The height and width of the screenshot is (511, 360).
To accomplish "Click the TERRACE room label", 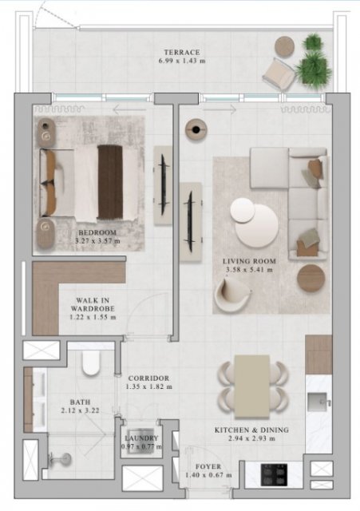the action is pyautogui.click(x=182, y=52).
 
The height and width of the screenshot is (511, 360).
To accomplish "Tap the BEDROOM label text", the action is pyautogui.click(x=97, y=232).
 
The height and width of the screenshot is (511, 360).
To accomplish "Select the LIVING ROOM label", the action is pyautogui.click(x=249, y=261).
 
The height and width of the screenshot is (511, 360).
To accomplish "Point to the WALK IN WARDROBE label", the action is pyautogui.click(x=93, y=304).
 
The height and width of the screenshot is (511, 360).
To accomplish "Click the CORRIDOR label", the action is pyautogui.click(x=148, y=378).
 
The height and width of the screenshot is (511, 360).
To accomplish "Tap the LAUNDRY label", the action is pyautogui.click(x=141, y=438).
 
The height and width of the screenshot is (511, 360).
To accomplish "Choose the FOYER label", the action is pyautogui.click(x=208, y=466).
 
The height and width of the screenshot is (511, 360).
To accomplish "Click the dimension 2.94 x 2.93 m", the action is pyautogui.click(x=251, y=438).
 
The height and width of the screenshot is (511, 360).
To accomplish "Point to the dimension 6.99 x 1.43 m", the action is pyautogui.click(x=182, y=61).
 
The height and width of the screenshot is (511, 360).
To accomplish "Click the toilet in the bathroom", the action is pyautogui.click(x=91, y=362).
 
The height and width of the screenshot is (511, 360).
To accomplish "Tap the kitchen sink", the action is pyautogui.click(x=318, y=402).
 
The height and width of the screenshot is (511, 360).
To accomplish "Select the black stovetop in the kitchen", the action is pyautogui.click(x=274, y=474).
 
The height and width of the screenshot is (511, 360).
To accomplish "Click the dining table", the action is pyautogui.click(x=251, y=386).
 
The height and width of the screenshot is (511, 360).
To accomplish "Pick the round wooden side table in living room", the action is pyautogui.click(x=311, y=278).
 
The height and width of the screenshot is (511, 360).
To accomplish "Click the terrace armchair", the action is pyautogui.click(x=279, y=74).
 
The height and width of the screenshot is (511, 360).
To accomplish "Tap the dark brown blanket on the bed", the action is pyautogui.click(x=110, y=182).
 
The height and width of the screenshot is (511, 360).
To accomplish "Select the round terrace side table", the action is pyautogui.click(x=284, y=46).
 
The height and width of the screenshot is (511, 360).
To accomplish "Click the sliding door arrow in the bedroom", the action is pyautogui.click(x=129, y=110).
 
